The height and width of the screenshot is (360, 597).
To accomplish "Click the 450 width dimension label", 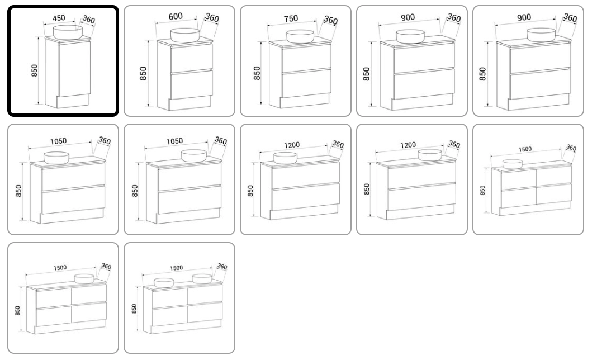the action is (x=59, y=18).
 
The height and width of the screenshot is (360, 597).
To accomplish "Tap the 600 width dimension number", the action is (x=176, y=16).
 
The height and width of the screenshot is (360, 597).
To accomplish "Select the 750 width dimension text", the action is (x=291, y=18).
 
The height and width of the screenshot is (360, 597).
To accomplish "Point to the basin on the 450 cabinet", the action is (x=68, y=32).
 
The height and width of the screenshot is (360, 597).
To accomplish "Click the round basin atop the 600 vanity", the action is (x=184, y=35).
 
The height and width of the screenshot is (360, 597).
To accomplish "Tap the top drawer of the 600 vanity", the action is (x=191, y=58).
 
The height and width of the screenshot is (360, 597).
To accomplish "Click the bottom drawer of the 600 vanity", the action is (x=191, y=84).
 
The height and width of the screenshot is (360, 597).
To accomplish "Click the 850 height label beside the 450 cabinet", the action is (x=35, y=71).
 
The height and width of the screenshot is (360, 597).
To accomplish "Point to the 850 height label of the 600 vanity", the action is (x=143, y=73).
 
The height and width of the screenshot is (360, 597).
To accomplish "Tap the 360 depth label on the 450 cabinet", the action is (x=89, y=20).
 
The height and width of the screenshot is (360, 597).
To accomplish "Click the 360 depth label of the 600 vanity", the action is (x=212, y=17).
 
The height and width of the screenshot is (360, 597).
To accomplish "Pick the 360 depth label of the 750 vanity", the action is (x=331, y=20).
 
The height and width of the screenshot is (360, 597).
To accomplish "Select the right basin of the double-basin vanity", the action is (x=202, y=279).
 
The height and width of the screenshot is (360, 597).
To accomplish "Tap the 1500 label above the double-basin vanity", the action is (x=176, y=268).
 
